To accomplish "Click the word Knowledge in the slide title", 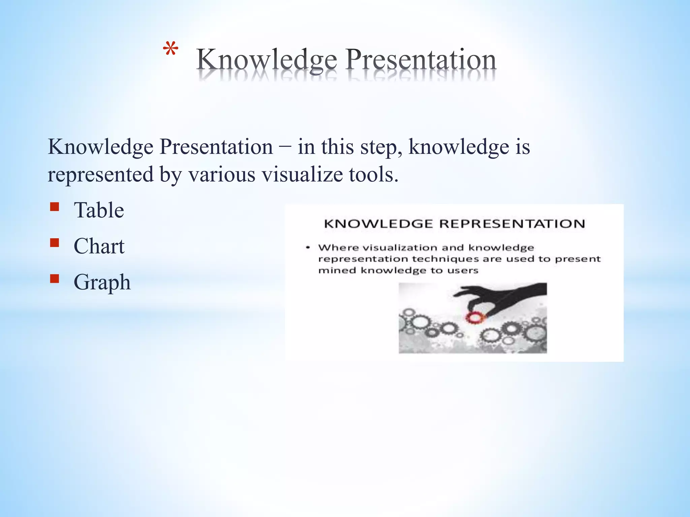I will (266, 60).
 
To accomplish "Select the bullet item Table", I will (99, 210).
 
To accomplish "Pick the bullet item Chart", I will (99, 246).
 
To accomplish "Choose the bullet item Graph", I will (102, 282).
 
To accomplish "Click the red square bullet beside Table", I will (54, 206).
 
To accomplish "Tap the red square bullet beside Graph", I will (54, 278).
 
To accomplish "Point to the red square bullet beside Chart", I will (54, 242).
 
